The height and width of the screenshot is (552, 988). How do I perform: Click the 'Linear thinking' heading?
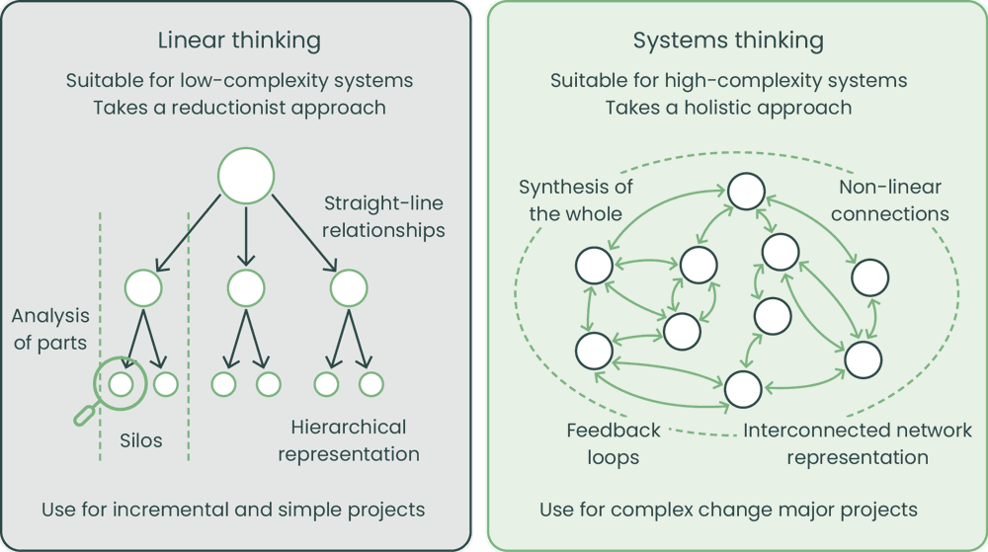(x=239, y=40)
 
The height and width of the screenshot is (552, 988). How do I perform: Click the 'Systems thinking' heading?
(x=728, y=40)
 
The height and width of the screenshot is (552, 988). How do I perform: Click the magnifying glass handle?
(x=86, y=414)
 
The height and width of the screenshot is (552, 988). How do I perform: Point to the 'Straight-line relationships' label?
(x=384, y=216)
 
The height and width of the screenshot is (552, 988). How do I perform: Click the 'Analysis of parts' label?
(x=50, y=330)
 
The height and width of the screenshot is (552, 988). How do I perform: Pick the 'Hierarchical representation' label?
(x=349, y=440)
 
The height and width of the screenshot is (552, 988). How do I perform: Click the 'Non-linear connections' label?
(x=890, y=199)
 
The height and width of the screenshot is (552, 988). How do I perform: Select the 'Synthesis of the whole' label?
(x=576, y=199)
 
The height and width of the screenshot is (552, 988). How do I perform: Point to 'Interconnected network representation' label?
(x=858, y=443)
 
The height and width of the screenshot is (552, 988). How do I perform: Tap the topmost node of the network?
(x=748, y=191)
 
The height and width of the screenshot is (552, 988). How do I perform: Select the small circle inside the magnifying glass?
(x=121, y=383)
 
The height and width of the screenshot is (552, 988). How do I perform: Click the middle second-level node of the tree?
(x=245, y=287)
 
